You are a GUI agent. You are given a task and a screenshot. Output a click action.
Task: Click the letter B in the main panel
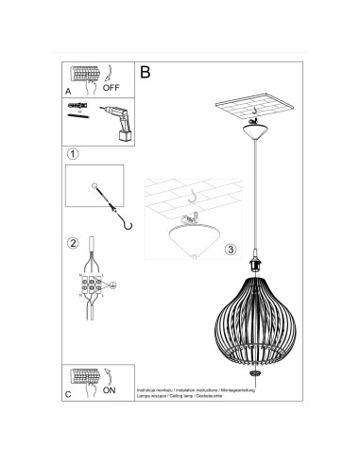pos(146,71)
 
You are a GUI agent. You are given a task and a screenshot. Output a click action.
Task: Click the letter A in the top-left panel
pos(68,92)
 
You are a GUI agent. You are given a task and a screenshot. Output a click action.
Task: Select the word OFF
pos(111,88)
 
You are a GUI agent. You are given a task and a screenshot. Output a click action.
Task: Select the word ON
pos(111,389)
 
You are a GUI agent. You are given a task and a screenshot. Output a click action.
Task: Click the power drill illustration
pos(115,127)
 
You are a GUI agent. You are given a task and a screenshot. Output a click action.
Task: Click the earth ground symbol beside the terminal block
pos(111,284)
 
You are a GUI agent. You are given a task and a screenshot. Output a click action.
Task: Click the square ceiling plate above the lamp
pos(252,110)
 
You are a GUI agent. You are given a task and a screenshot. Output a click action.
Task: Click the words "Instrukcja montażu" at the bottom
pos(157,388)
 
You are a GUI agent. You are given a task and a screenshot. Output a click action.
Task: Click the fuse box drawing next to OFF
pos(82,75)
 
